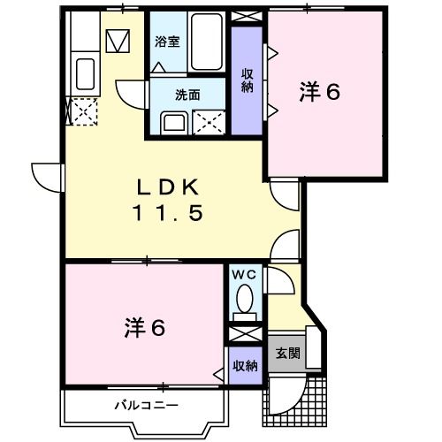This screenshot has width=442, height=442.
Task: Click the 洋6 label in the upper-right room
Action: pyautogui.click(x=320, y=92)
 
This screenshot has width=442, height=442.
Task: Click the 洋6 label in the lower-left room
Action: pyautogui.click(x=143, y=328)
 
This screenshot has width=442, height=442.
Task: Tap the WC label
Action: pyautogui.click(x=244, y=275)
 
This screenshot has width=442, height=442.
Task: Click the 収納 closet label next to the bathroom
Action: pyautogui.click(x=247, y=80)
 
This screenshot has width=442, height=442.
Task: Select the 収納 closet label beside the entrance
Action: pyautogui.click(x=246, y=364)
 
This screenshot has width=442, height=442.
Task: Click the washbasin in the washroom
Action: pyautogui.click(x=173, y=121)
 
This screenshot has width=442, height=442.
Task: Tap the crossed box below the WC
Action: pyautogui.click(x=245, y=335)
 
